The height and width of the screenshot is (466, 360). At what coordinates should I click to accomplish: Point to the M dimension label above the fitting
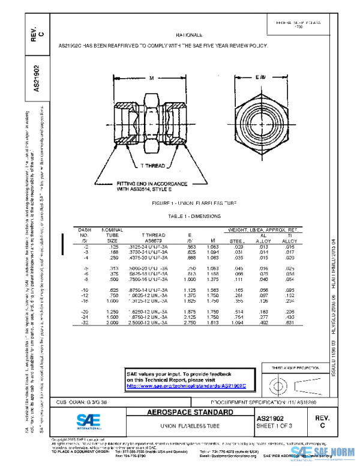coord(152,78)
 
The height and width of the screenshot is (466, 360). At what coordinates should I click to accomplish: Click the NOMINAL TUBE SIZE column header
coord(112,235)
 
